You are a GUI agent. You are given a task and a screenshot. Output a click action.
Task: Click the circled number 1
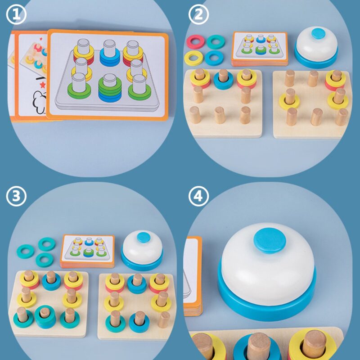[16, 14]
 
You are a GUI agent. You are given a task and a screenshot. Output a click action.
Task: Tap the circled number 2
[198, 14]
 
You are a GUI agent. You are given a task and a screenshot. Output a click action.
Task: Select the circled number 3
[16, 196]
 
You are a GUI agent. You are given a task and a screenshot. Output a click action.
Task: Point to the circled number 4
[198, 196]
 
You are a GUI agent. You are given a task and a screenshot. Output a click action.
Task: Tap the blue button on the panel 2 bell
[319, 33]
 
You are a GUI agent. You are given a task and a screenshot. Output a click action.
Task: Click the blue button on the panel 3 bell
[144, 237]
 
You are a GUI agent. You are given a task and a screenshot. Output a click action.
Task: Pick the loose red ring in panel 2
[195, 41]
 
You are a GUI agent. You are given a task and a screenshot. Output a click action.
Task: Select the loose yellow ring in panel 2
[193, 58]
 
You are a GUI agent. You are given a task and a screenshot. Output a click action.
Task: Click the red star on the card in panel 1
[42, 85]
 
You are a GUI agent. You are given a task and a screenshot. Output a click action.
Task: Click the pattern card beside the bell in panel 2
[260, 49]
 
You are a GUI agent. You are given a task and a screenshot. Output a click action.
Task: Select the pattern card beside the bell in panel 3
[87, 251]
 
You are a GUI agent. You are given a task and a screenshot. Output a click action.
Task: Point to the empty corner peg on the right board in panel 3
[164, 319]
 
